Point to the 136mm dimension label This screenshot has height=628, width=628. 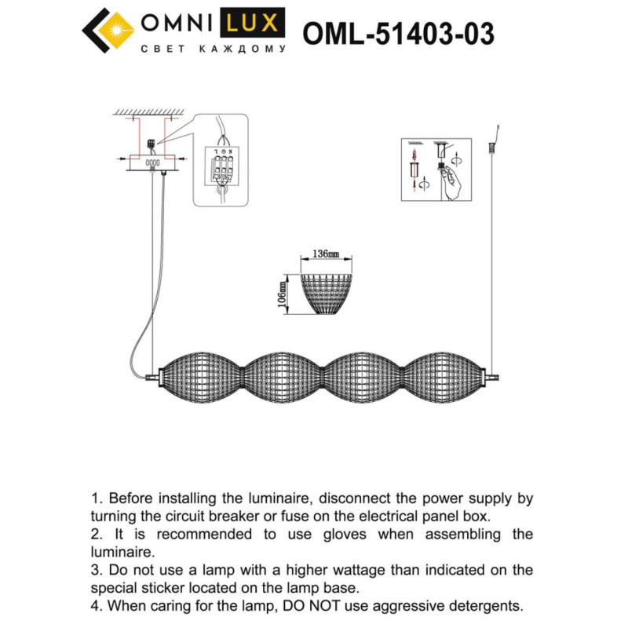(325, 254)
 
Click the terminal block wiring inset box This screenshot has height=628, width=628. (221, 160)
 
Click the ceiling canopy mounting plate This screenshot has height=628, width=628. (153, 162)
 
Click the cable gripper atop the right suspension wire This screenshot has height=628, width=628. (493, 145)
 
